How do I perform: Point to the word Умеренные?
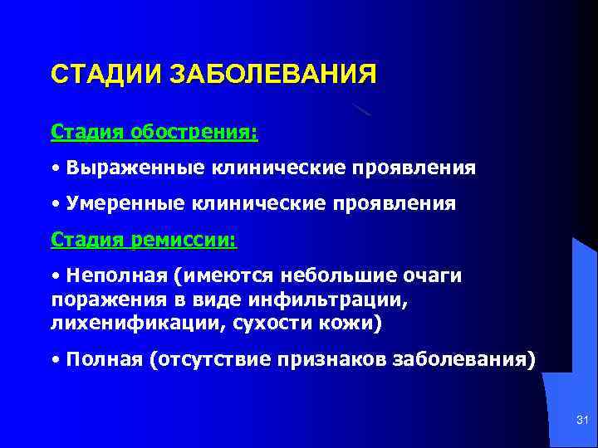pyautogui.click(x=129, y=204)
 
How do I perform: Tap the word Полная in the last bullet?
pyautogui.click(x=104, y=360)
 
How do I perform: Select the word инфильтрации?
pyautogui.click(x=346, y=298)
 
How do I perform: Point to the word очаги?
pyautogui.click(x=436, y=275)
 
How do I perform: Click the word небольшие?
pyautogui.click(x=340, y=275)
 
